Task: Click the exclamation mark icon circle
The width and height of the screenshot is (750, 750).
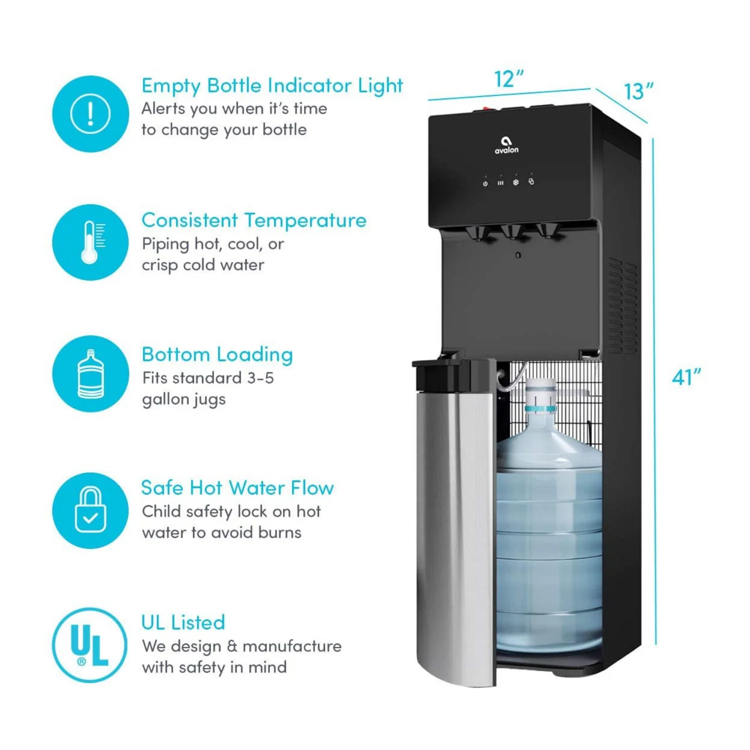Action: coord(90,114)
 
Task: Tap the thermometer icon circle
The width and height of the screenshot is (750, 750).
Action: coord(90,242)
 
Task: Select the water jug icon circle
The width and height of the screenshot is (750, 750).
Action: coord(90,373)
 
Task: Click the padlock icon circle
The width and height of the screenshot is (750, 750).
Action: coord(90,510)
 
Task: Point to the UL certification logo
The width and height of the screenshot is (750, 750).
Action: coord(90,645)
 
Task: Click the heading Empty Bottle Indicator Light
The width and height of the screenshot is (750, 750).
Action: coord(272,86)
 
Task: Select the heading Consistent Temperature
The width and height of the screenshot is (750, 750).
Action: coord(254,220)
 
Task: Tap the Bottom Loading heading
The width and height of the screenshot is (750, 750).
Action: coord(217,354)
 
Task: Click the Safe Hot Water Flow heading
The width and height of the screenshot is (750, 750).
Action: coord(237,488)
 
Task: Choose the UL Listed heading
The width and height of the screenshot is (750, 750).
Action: coord(183,622)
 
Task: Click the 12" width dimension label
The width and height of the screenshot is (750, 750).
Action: coord(508,79)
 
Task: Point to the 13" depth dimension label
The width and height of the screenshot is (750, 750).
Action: coord(638,91)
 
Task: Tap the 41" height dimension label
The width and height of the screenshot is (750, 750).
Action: coord(686,377)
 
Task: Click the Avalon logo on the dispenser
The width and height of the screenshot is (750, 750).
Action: coord(506,145)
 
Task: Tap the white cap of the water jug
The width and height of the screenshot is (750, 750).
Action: coord(540,387)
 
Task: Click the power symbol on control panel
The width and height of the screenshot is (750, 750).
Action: coord(485,183)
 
